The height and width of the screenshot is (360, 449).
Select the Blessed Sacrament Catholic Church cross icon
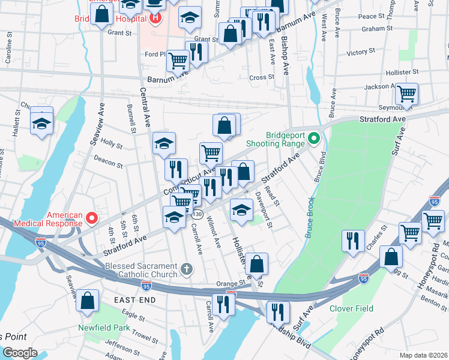(x=187, y=268)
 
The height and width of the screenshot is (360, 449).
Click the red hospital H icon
(x=156, y=18)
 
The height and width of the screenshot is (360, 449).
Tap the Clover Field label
(x=351, y=308)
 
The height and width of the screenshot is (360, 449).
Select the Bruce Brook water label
(x=310, y=217)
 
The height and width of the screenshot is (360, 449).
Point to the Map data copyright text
(x=423, y=355)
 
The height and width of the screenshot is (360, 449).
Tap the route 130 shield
(x=197, y=215)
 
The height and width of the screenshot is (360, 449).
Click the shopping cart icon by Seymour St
(x=407, y=94)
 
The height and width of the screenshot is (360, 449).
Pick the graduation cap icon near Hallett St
(x=41, y=123)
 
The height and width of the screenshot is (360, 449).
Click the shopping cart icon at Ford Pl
(x=178, y=59)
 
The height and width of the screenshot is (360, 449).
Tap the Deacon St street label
(x=108, y=161)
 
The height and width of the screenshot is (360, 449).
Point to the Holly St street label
(x=112, y=145)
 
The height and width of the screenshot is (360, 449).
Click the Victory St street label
(x=360, y=53)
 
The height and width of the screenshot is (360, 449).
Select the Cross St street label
(x=262, y=77)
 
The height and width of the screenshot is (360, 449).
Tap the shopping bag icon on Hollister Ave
(x=256, y=263)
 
